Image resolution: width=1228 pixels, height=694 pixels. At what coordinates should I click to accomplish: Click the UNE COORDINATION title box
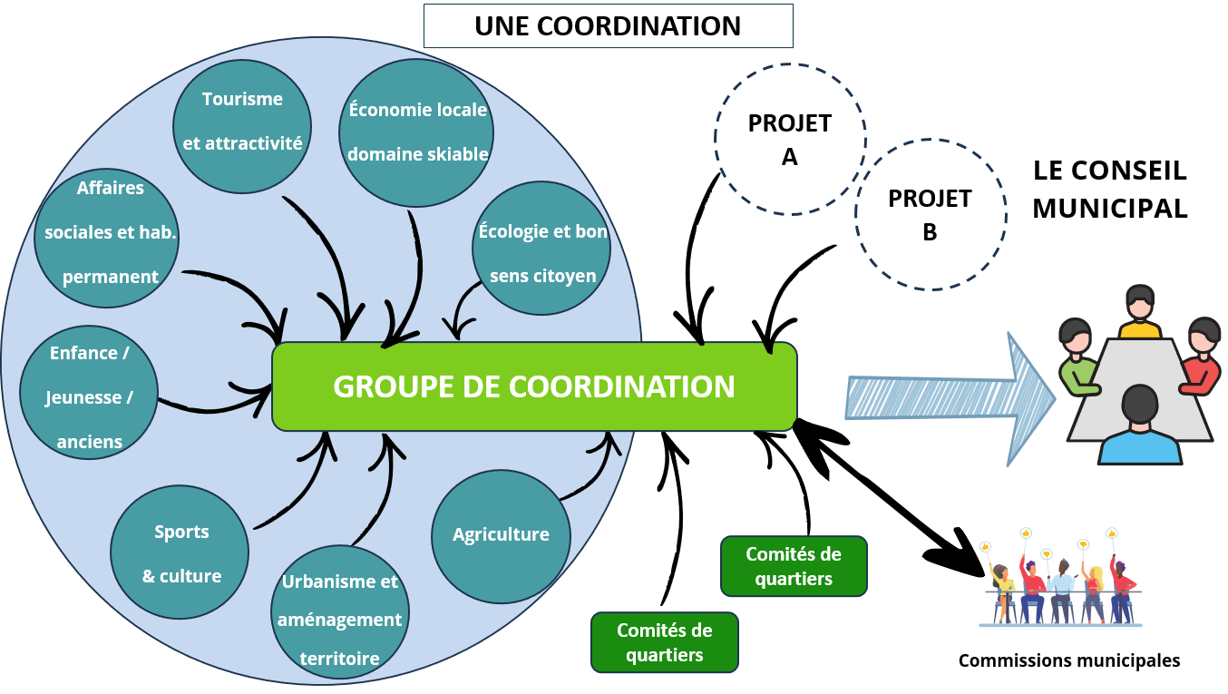(608, 25)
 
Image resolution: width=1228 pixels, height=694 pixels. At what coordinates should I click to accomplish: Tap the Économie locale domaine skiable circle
(417, 132)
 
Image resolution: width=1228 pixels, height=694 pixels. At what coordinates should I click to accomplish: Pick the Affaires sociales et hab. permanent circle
(111, 232)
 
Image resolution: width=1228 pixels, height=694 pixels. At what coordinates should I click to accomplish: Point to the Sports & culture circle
(180, 552)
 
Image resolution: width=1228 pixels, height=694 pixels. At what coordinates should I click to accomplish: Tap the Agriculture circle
(501, 534)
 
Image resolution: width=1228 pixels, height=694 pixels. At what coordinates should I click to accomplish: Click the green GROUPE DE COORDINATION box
(534, 386)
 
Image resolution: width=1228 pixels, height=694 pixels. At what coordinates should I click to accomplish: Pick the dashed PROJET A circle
(789, 139)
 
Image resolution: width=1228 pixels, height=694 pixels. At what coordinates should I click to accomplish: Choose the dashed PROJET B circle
(930, 214)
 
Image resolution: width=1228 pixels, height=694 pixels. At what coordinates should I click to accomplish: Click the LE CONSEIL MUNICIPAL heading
(1109, 189)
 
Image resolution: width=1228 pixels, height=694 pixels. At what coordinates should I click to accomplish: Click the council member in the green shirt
(1077, 358)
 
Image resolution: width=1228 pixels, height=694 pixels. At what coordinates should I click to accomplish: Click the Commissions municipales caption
(1069, 660)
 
